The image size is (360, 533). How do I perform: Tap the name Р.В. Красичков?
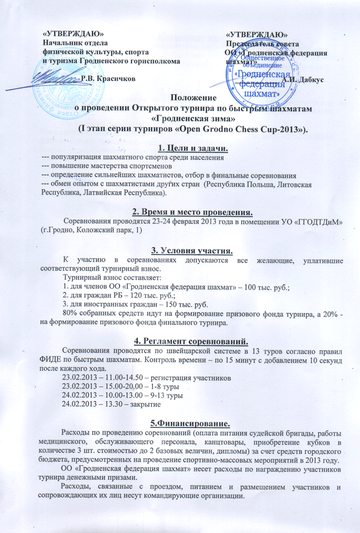107,78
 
